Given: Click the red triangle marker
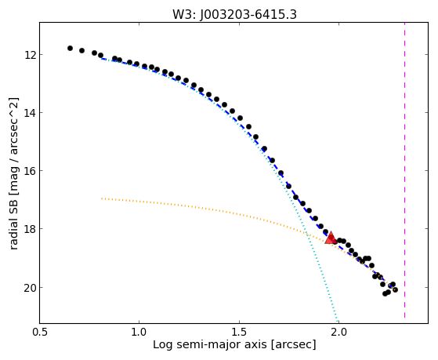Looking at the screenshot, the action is pyautogui.click(x=331, y=238).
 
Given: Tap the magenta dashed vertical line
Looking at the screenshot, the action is pyautogui.click(x=404, y=170).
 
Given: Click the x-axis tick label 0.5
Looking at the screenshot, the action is pyautogui.click(x=40, y=333).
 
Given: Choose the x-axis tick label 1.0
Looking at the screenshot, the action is pyautogui.click(x=139, y=333).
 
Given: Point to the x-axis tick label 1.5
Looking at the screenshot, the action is pyautogui.click(x=240, y=333).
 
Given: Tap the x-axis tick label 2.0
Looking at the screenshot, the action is pyautogui.click(x=338, y=333).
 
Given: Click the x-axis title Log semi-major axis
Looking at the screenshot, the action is pyautogui.click(x=210, y=344).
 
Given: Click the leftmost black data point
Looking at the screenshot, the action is pyautogui.click(x=70, y=48).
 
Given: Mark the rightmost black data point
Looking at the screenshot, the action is pyautogui.click(x=395, y=289).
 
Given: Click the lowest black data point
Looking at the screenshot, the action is pyautogui.click(x=385, y=293).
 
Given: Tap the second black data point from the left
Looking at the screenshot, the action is pyautogui.click(x=81, y=51).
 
